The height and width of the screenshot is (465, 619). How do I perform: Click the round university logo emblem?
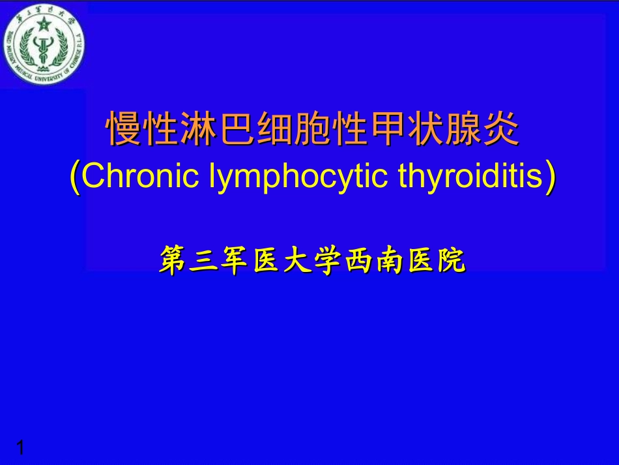click(44, 46)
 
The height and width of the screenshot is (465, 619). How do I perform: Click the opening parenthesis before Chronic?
click(76, 177)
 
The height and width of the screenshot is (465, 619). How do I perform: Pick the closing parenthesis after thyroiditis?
click(551, 177)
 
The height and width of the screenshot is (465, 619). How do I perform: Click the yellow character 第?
click(174, 260)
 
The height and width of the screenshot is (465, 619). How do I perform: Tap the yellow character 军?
click(235, 260)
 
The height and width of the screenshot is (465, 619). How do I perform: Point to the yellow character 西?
click(358, 260)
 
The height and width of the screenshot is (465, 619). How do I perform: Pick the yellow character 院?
click(451, 260)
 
